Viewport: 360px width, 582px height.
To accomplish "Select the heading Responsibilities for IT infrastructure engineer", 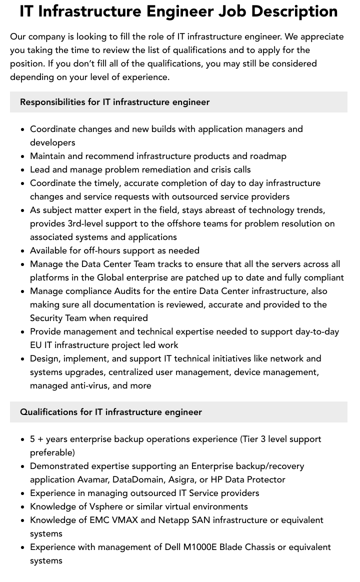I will point(114,102).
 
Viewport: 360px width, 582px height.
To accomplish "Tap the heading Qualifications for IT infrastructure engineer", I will point(110,412).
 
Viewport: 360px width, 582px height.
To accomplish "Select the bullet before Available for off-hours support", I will point(22,250).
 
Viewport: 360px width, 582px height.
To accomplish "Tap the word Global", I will point(110,277).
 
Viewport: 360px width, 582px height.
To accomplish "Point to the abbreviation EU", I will point(36,345).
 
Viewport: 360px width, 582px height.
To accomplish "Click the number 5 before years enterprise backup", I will point(32,439).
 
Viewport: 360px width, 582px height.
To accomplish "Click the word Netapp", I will point(173,520).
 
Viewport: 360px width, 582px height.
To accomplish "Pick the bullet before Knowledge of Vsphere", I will point(22,506).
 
